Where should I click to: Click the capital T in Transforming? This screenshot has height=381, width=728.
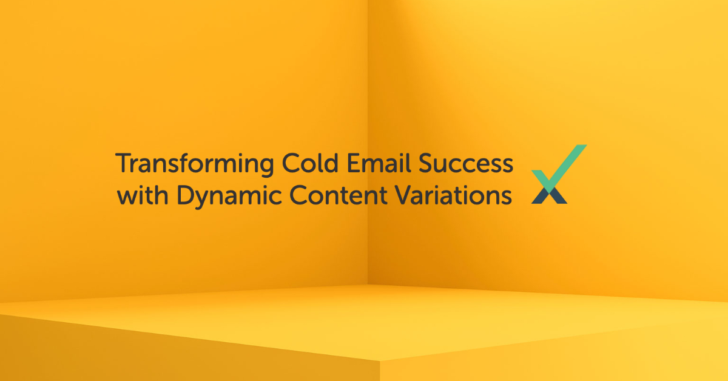coord(122,164)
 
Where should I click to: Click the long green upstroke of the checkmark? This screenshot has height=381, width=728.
coord(568,163)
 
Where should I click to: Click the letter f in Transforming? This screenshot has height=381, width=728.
coord(190,163)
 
